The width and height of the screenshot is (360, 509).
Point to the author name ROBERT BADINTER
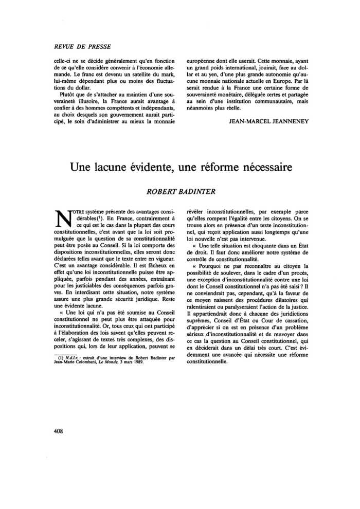click(179, 191)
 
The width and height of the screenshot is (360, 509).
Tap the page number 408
click(58, 431)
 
